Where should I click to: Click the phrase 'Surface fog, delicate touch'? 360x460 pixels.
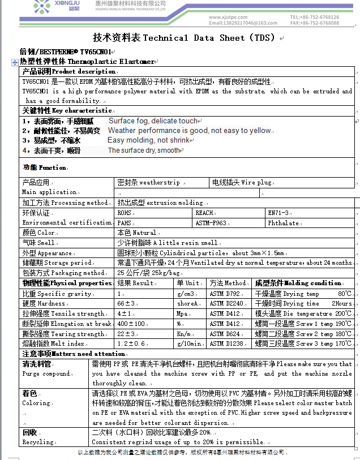click(x=153, y=121)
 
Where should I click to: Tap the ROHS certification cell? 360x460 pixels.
click(x=124, y=213)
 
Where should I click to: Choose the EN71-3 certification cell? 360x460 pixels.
click(x=278, y=213)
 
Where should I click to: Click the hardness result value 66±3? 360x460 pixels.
click(x=127, y=304)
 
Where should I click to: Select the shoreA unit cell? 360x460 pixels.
click(x=188, y=304)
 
